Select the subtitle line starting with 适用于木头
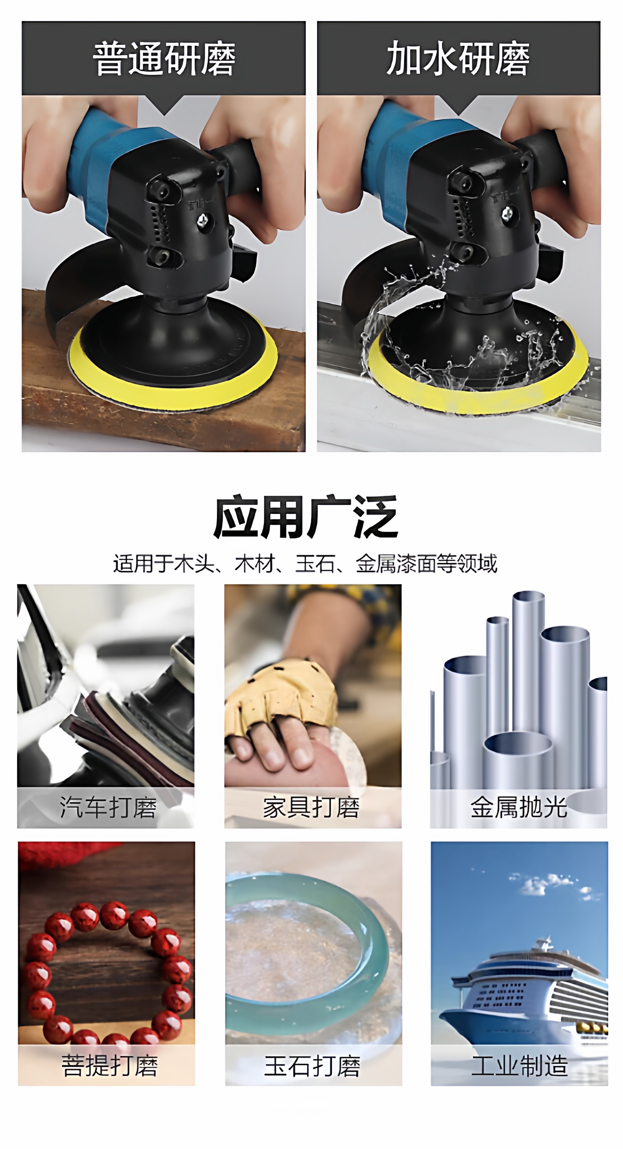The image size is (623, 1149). click(305, 563)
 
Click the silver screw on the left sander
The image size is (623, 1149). click(203, 219)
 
